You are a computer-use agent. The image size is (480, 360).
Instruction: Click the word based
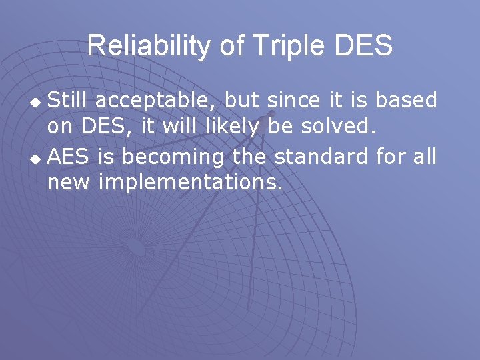tap(406, 100)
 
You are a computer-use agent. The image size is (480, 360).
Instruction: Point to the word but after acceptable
tap(243, 100)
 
